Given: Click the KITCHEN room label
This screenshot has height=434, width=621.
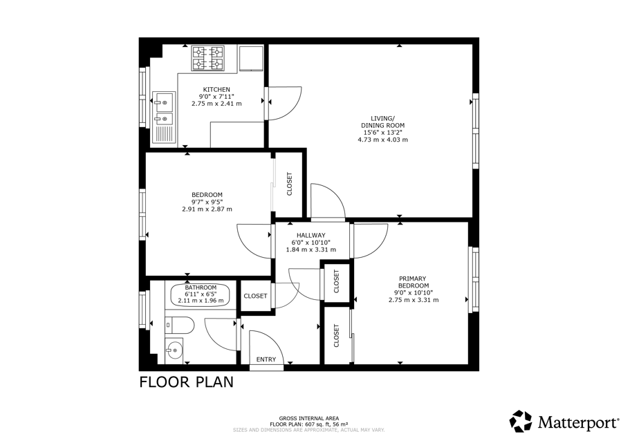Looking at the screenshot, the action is pos(216,89).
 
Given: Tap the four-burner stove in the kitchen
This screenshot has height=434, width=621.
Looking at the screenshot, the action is pos(208,58).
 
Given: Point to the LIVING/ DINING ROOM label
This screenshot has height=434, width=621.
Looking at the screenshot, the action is pos(382,122).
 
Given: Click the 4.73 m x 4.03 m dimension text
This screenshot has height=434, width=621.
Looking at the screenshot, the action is pos(382,140).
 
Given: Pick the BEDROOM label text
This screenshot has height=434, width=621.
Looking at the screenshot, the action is pos(207,195).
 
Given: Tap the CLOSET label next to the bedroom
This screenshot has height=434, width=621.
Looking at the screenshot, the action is pos(289,184).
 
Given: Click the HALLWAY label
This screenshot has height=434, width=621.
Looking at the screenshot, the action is pos(311,236).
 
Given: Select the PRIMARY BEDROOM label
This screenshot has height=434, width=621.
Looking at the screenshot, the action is pos(414,282).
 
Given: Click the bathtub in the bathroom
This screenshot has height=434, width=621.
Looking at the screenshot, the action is pos(201,294).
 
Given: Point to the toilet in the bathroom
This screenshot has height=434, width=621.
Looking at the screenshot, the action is pos(179,325).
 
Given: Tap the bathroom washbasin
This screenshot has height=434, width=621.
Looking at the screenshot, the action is pos(174,349).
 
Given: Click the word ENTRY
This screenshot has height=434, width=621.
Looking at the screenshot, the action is pos(266,359).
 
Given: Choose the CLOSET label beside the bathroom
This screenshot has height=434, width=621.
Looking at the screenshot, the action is pos(255,296).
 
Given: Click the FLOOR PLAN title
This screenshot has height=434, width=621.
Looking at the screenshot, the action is pos(186,382).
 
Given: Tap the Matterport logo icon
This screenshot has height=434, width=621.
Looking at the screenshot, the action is pos(521,421).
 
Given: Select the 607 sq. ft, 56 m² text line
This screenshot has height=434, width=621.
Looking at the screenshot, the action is pos(309,424).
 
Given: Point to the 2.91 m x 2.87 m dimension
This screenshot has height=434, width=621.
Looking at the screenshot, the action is pos(207,209).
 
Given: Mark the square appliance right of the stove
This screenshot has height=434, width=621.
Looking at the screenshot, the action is pos(252,58).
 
